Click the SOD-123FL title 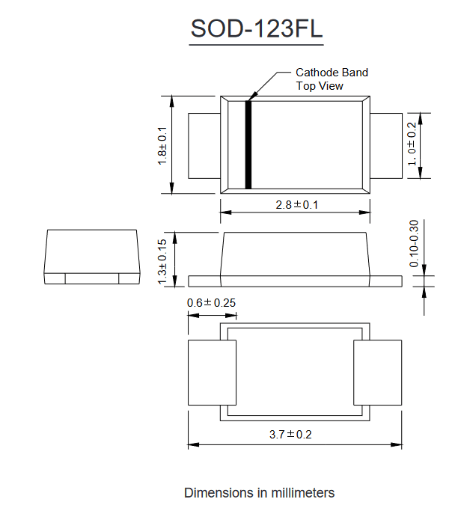coord(257,28)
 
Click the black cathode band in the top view coord(248,145)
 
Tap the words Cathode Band coord(332,73)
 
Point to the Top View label coord(320,86)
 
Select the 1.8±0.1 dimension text coord(162,146)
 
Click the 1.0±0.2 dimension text coord(412,144)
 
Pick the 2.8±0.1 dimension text coord(296,205)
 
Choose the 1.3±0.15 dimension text coord(162,262)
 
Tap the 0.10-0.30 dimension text coord(414,243)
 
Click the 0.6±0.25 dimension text coord(211,303)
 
